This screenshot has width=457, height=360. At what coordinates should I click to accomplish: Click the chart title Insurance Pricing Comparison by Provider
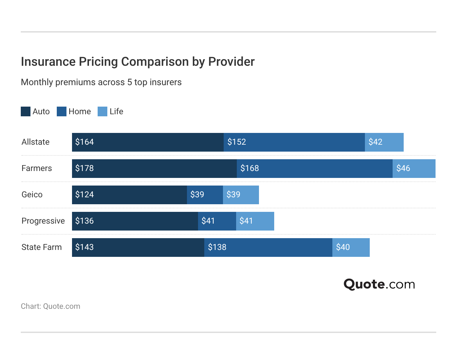click(x=137, y=62)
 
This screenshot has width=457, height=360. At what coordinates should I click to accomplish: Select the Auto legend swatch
click(x=26, y=111)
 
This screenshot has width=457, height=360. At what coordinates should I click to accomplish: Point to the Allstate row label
click(x=35, y=142)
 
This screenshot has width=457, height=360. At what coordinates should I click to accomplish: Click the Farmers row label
click(x=36, y=168)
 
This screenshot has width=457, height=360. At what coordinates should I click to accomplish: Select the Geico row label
click(x=32, y=195)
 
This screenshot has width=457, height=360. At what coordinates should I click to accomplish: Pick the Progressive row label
click(x=43, y=221)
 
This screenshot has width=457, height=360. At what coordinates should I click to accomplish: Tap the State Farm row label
click(x=42, y=247)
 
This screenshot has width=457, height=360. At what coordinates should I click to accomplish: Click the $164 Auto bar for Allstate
click(x=148, y=142)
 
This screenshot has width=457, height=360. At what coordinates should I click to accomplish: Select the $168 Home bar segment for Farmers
click(x=314, y=169)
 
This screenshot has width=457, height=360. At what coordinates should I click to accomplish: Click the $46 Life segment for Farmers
click(x=414, y=169)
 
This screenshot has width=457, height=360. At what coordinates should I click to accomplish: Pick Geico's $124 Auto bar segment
click(x=129, y=195)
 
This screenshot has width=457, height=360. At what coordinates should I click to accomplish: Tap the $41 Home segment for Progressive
click(x=217, y=221)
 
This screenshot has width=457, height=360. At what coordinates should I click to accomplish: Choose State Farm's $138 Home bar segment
click(x=268, y=247)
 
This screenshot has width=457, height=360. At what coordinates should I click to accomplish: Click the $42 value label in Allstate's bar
click(x=375, y=142)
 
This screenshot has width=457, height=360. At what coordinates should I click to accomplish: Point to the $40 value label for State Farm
click(x=343, y=247)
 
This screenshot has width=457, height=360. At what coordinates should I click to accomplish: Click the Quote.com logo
click(x=379, y=284)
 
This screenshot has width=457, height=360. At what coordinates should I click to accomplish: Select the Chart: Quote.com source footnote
click(x=51, y=306)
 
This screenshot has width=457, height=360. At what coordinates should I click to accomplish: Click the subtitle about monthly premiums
click(x=101, y=82)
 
